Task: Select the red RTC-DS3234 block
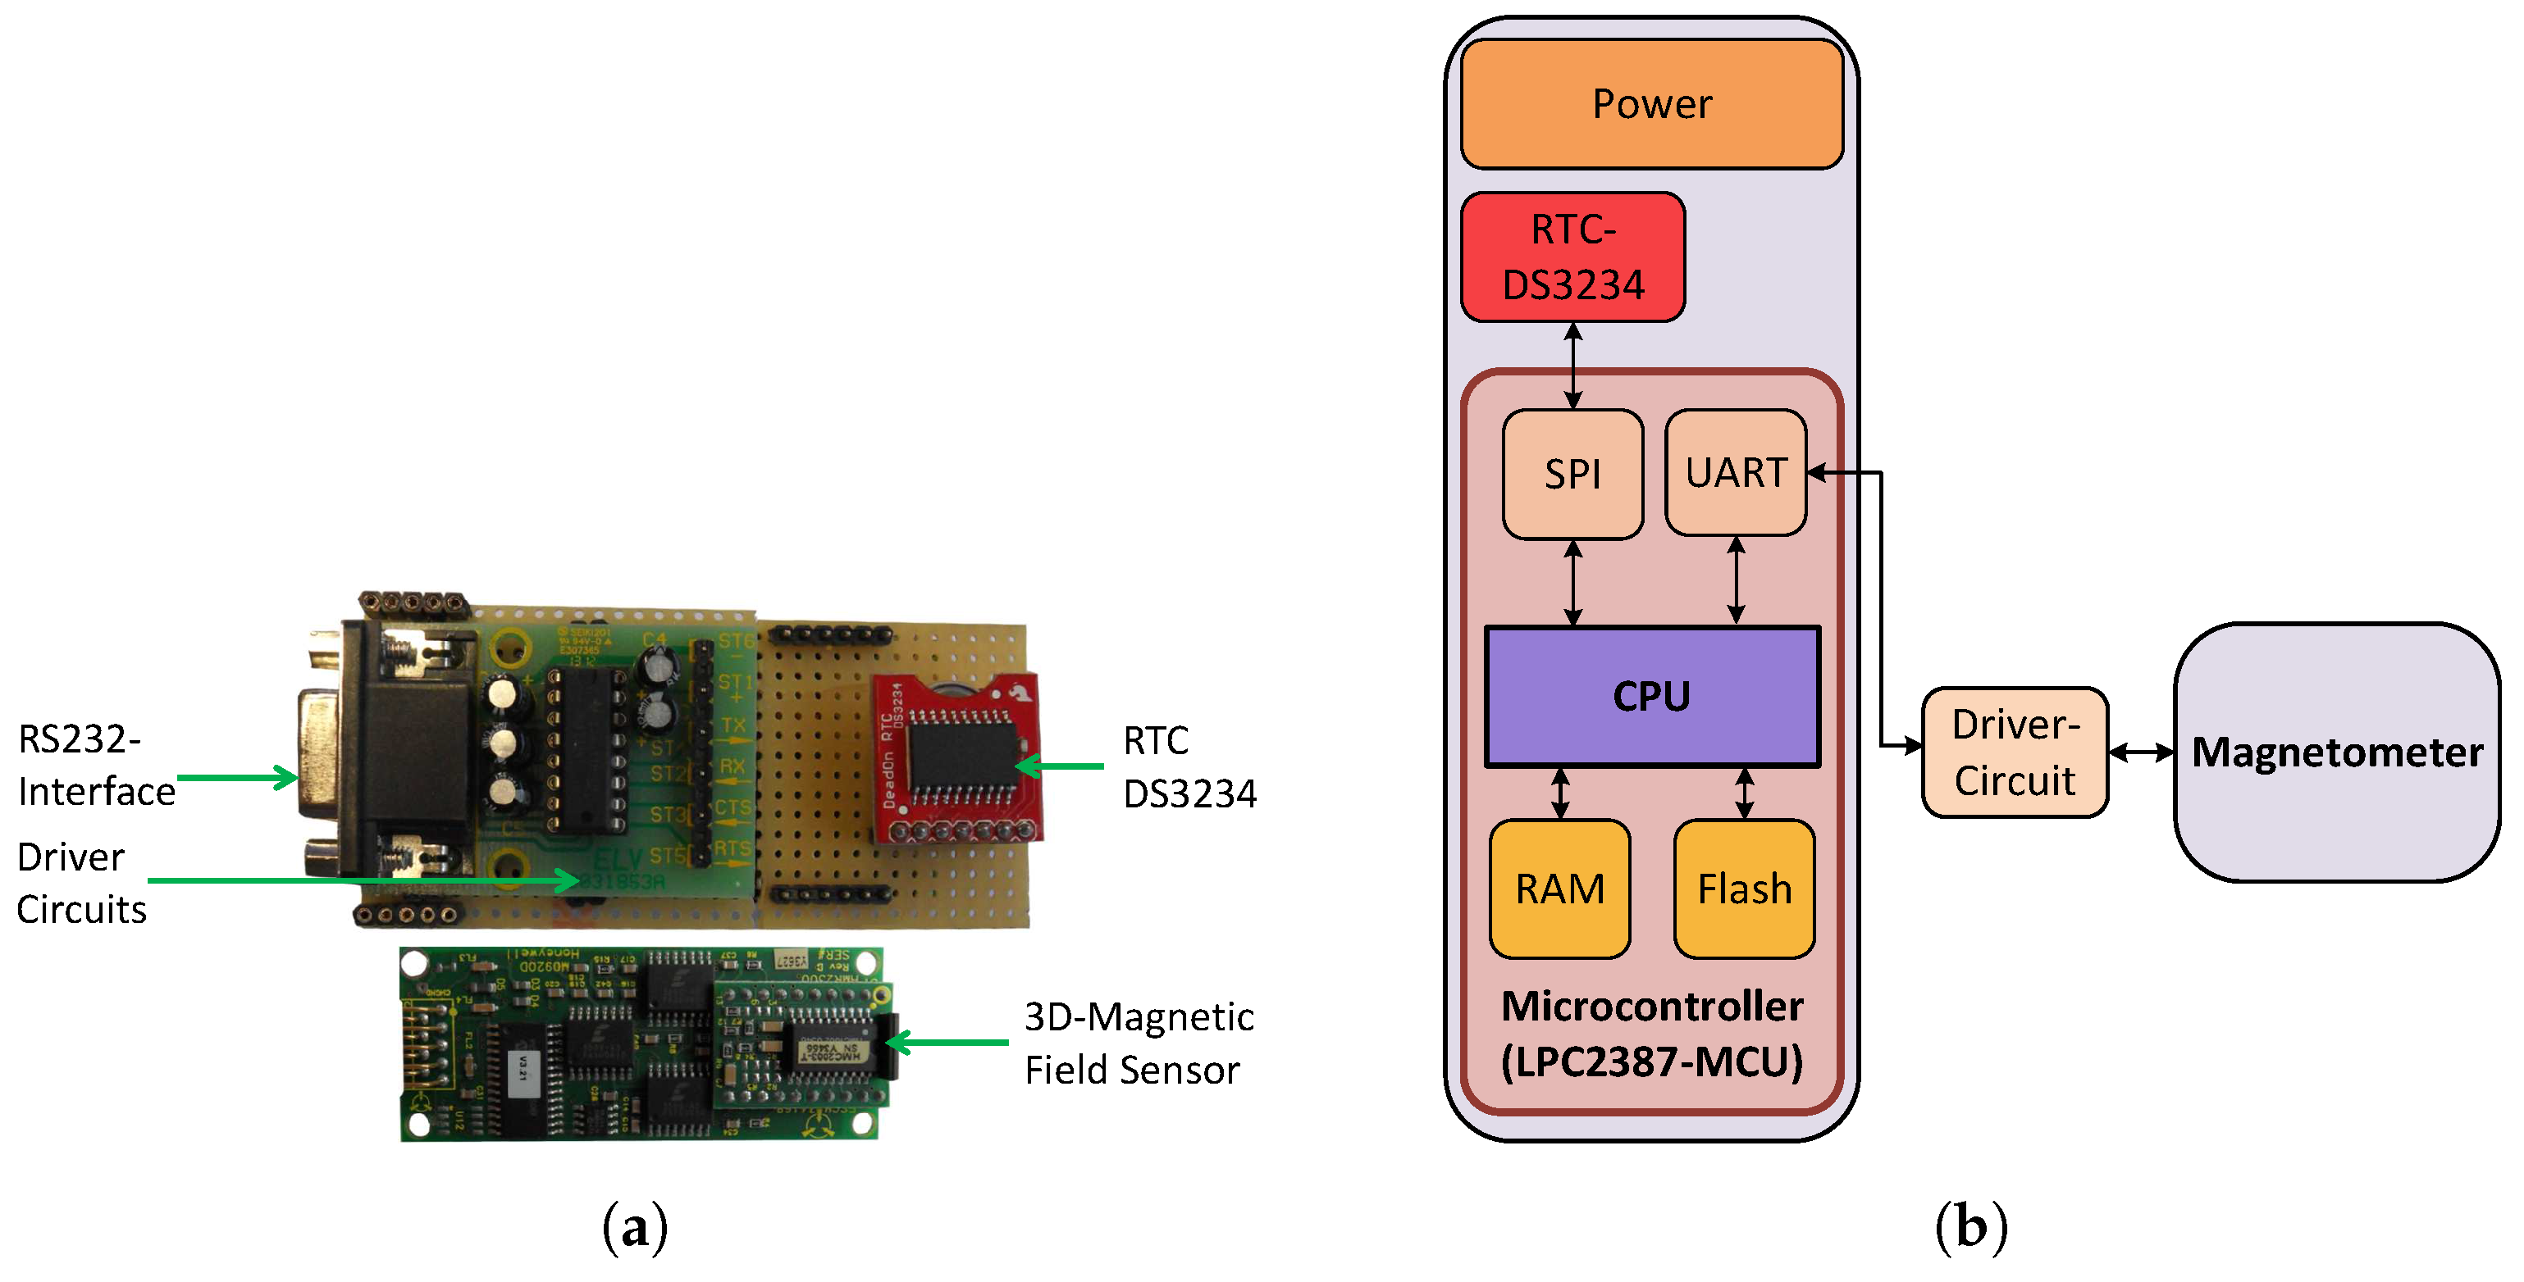(1572, 257)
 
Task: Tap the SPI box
(1572, 474)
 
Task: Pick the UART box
(1734, 473)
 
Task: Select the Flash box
(1743, 889)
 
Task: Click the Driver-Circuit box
(2014, 752)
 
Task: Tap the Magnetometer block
(2336, 752)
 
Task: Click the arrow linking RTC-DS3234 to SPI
(1572, 366)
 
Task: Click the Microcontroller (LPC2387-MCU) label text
(1651, 1034)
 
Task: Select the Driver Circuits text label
(80, 884)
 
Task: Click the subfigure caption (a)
(635, 1226)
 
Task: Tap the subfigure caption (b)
(1969, 1226)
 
